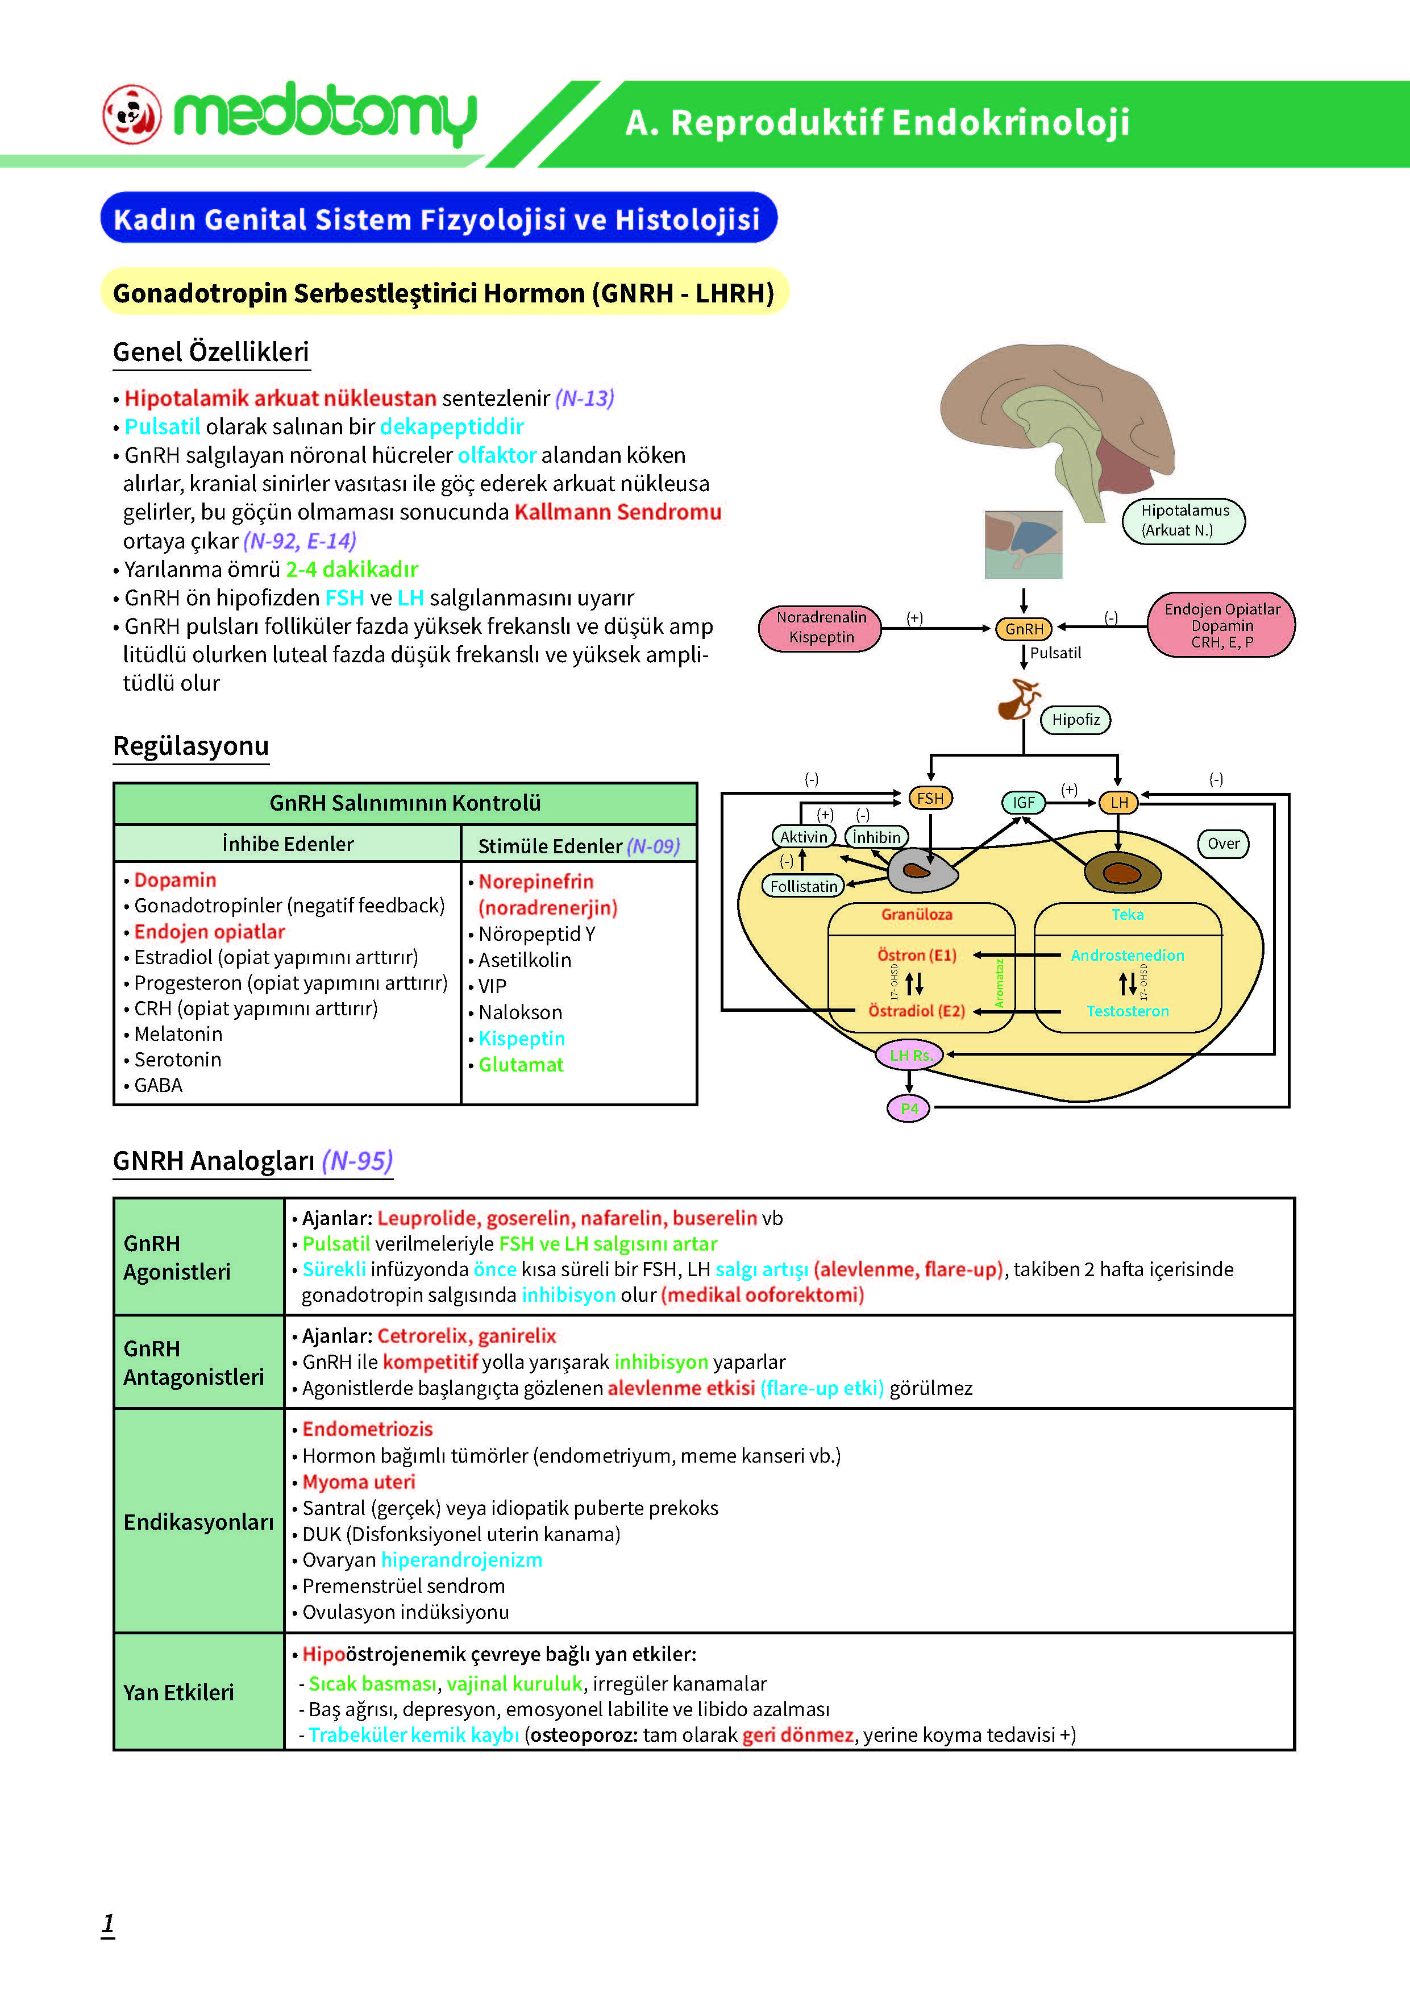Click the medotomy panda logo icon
point(132,114)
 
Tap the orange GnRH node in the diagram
point(1024,628)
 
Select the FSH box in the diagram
point(930,798)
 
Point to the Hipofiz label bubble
point(1075,720)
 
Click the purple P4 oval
point(909,1109)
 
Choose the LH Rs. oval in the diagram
point(910,1055)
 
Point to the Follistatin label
point(804,886)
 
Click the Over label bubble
point(1224,844)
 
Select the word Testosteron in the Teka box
point(1128,1011)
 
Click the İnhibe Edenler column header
point(288,844)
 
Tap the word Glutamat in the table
point(521,1064)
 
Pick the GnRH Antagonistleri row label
point(193,1362)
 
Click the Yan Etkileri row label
point(178,1692)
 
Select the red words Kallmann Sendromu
point(618,512)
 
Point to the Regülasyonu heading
point(191,746)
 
